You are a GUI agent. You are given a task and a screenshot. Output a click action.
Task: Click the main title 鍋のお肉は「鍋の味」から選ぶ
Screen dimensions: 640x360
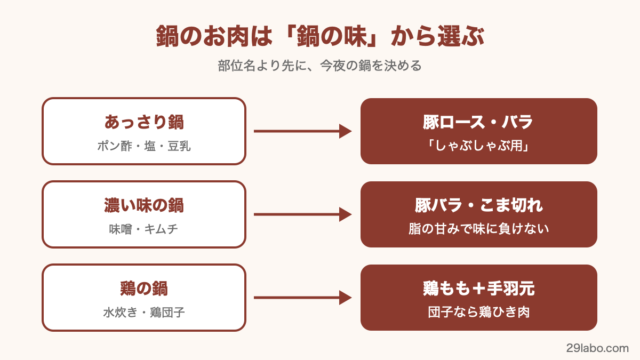320,36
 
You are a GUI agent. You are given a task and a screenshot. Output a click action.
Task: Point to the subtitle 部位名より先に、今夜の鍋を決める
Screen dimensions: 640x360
320,66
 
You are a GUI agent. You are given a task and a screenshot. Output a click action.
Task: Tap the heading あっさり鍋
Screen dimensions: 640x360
144,122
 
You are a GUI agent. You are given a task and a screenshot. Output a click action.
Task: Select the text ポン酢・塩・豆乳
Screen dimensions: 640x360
144,146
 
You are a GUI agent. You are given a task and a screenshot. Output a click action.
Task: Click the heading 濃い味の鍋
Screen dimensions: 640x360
144,205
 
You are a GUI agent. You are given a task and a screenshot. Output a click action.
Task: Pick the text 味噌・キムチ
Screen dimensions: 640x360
144,229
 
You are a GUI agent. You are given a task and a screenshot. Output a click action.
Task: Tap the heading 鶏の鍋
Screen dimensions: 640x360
144,288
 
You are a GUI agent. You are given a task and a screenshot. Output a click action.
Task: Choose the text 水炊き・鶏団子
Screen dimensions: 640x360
144,312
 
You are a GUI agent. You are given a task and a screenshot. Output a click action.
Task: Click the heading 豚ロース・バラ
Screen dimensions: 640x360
478,122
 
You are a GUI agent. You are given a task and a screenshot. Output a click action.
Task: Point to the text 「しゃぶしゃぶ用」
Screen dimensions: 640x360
478,146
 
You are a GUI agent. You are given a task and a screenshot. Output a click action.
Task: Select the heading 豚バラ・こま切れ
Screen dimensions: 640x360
478,205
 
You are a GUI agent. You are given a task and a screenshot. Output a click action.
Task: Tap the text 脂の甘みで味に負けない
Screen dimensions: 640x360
478,229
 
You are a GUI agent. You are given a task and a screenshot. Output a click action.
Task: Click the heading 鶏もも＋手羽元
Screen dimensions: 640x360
478,288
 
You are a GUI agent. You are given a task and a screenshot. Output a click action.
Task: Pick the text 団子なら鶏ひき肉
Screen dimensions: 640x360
478,312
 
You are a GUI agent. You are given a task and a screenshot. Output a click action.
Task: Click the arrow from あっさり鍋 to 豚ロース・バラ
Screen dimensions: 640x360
303,131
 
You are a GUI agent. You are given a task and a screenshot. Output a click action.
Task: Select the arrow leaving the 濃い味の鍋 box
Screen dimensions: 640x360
303,214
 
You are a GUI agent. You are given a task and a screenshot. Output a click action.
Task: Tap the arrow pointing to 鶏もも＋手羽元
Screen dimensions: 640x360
303,298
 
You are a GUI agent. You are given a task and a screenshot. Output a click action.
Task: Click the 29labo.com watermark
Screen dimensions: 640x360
597,348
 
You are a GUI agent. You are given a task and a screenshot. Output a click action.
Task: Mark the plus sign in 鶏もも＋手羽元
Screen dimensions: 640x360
479,289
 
